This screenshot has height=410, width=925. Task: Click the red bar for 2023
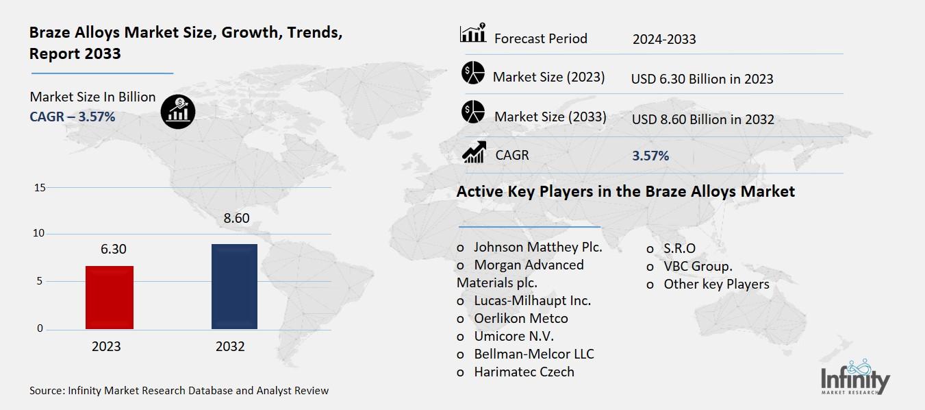point(110,298)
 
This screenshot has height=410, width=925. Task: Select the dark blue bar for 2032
point(234,287)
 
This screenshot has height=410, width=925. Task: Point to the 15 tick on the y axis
point(39,188)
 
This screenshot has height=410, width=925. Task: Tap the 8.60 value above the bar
point(236,219)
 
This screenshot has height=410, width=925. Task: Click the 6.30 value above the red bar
point(113,249)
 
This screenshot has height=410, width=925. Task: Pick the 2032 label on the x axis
point(230,346)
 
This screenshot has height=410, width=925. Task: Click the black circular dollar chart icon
point(178,111)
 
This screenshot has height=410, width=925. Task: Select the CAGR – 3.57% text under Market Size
point(72,117)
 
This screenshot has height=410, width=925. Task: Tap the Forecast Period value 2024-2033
point(663,39)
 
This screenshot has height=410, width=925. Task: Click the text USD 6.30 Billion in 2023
point(702,79)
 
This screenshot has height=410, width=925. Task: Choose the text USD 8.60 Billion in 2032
point(702,119)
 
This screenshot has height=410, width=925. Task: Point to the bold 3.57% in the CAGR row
point(650,156)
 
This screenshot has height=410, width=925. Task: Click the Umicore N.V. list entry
point(514,336)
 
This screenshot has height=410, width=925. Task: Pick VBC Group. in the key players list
point(697,266)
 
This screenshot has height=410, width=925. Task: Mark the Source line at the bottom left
point(179,391)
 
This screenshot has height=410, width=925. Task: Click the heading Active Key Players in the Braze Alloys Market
point(625,191)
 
